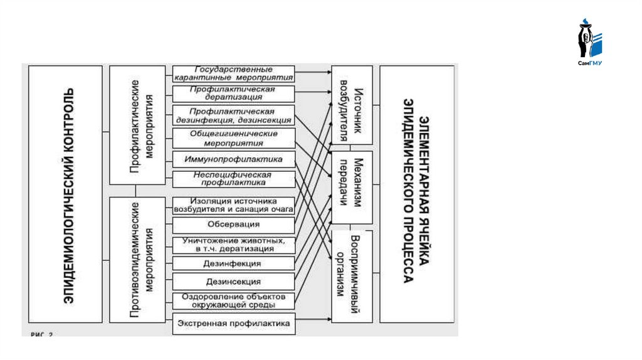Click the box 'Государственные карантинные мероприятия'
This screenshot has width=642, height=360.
tap(233, 73)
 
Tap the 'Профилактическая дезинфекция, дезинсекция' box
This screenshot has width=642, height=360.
tap(233, 115)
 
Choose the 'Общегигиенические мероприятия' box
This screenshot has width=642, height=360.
tap(233, 138)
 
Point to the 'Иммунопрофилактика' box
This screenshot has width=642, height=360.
tap(233, 159)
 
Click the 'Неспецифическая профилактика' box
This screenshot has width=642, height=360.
tap(233, 179)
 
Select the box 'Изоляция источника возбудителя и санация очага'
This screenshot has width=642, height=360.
tap(233, 205)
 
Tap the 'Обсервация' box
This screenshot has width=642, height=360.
tap(233, 225)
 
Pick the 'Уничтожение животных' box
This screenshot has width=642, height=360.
tap(233, 245)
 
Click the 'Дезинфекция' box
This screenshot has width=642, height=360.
tap(233, 263)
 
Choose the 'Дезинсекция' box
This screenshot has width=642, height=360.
tap(233, 282)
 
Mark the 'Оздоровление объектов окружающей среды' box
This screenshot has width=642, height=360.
tap(233, 300)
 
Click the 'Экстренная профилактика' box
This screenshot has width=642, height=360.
tap(233, 324)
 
